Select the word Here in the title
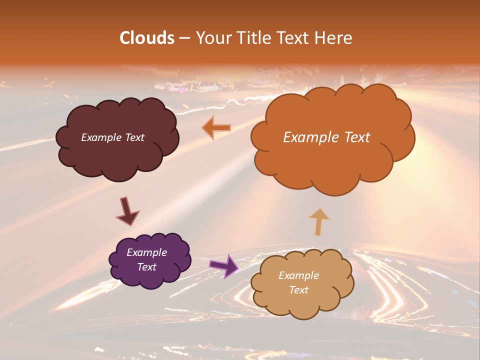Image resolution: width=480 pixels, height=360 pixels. [x=334, y=38]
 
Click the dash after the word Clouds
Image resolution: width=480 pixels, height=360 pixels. [x=184, y=38]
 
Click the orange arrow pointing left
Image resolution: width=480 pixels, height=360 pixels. [x=216, y=128]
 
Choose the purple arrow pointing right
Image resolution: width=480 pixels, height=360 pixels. [x=224, y=265]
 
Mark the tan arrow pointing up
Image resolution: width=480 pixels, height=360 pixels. [x=319, y=221]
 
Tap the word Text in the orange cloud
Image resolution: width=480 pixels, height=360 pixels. [x=355, y=137]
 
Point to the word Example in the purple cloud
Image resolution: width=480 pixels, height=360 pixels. [x=146, y=252]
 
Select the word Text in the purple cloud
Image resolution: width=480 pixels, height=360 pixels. [x=146, y=267]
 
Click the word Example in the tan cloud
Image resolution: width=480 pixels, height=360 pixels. [x=298, y=275]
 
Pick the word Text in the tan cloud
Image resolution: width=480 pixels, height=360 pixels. [x=298, y=290]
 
